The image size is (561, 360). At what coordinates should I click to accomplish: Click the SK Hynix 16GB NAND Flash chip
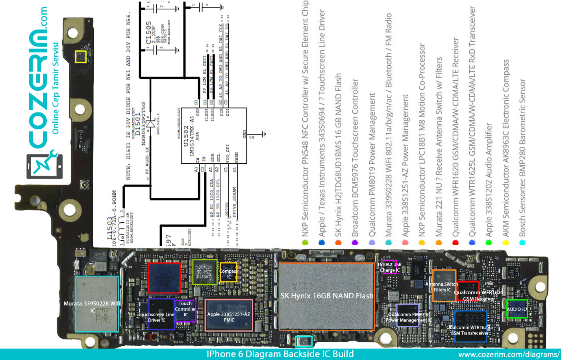coord(326,296)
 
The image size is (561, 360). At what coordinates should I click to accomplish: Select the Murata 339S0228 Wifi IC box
coord(97,303)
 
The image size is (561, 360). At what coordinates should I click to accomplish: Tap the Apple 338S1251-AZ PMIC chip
coord(229,315)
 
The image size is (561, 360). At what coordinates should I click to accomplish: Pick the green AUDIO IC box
coord(516,309)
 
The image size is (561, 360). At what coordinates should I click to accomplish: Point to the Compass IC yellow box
coord(228,271)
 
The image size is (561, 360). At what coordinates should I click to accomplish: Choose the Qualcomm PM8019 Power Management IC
coord(407,315)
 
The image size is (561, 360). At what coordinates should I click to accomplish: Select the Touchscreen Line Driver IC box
coord(161,314)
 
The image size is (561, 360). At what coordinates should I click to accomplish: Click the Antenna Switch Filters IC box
coord(444,285)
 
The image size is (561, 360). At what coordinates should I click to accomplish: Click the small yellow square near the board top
coord(81,57)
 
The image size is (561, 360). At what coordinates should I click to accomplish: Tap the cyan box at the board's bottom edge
coord(304,341)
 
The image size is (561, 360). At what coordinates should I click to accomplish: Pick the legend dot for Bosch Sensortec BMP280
coord(522,243)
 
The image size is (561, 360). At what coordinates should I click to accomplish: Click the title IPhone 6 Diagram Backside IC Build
coord(280,354)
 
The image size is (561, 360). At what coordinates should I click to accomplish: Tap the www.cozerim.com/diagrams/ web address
coord(509,354)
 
